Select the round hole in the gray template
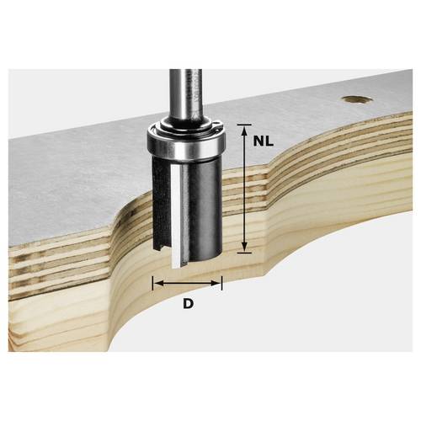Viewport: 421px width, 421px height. click(x=355, y=99)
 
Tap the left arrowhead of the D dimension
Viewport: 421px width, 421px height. click(x=157, y=284)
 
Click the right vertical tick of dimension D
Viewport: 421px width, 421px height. click(x=222, y=284)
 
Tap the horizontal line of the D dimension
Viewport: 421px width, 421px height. click(x=187, y=284)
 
